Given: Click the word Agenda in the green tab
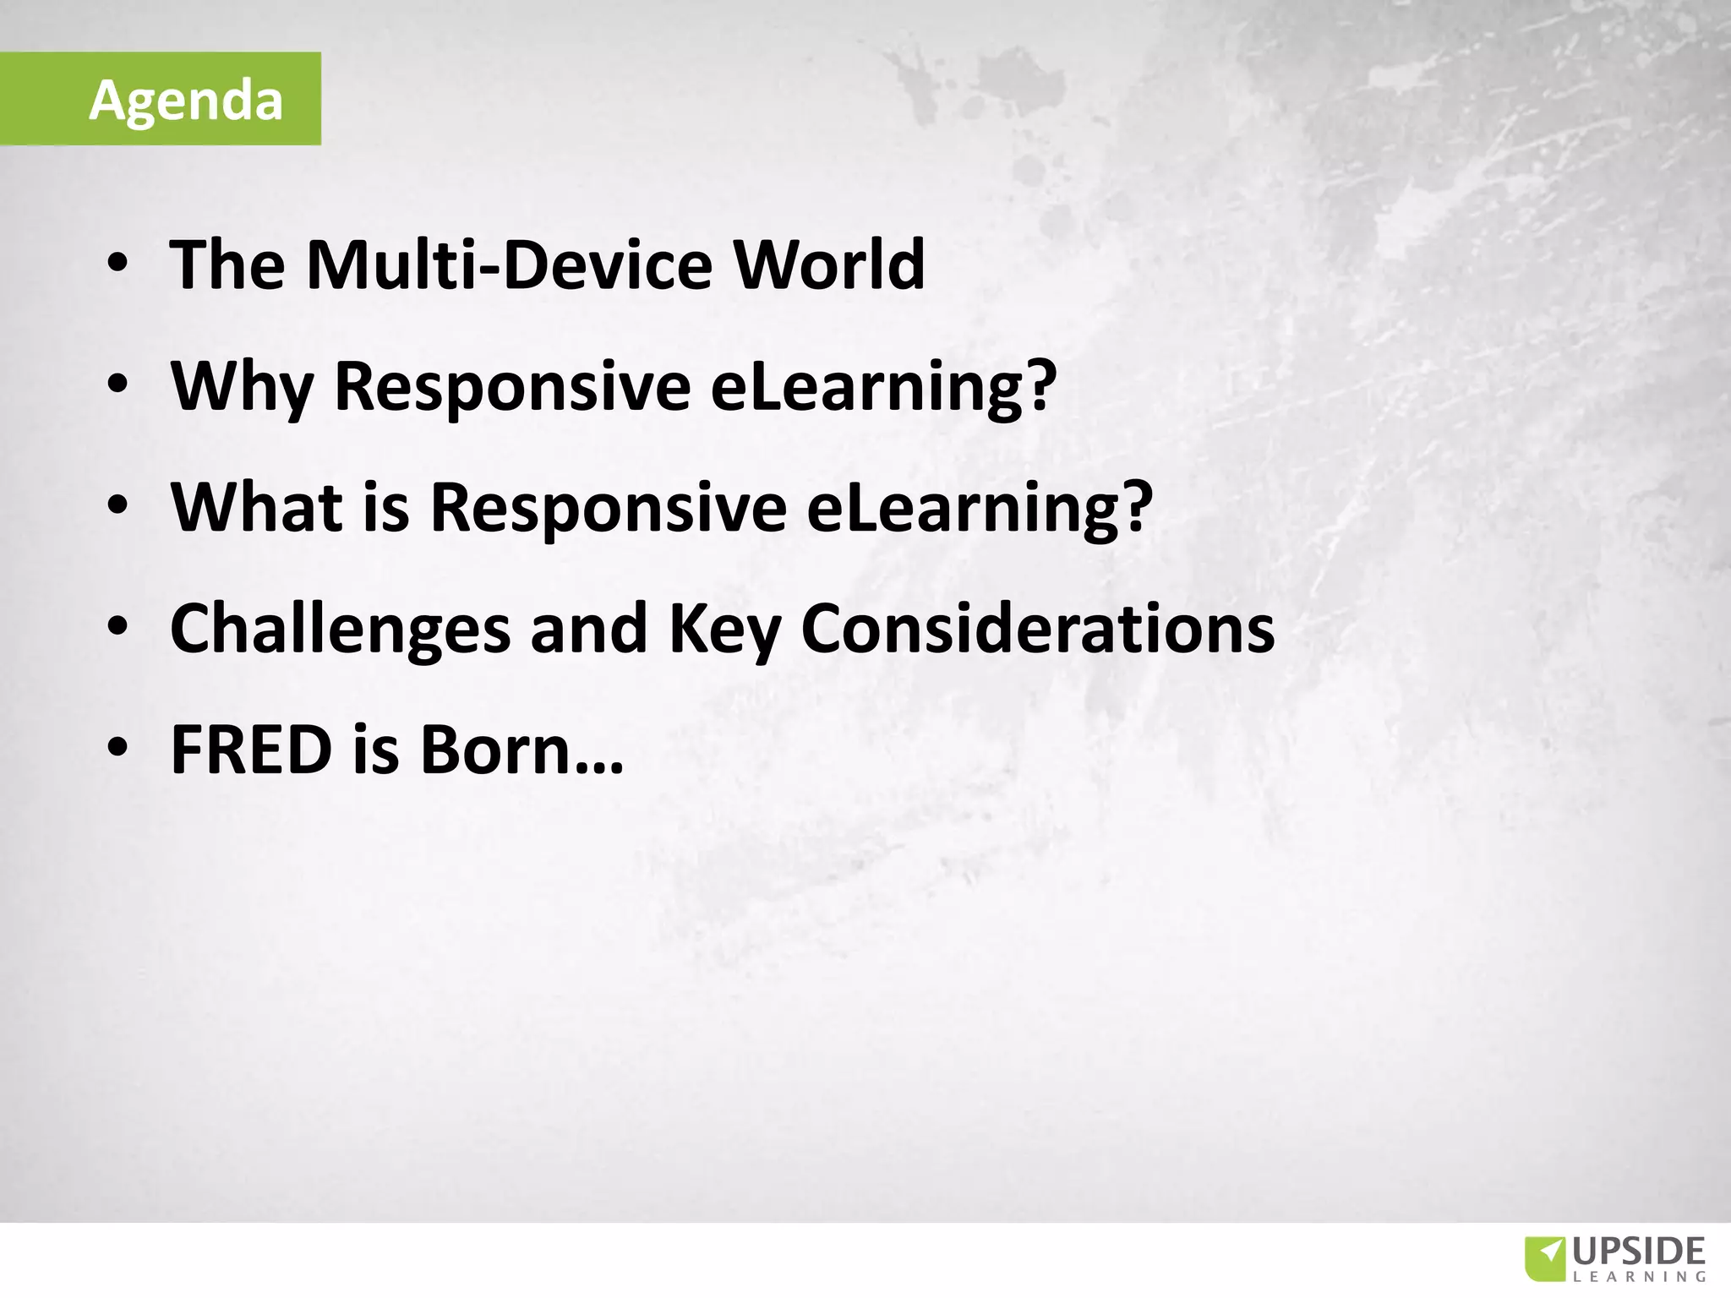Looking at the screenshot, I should [x=185, y=101].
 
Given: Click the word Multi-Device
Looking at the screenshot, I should [x=505, y=265].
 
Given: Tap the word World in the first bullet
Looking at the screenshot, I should [x=828, y=265].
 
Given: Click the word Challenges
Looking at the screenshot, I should [x=340, y=629].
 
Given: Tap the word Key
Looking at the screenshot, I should [x=724, y=629].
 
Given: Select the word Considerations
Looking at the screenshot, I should [x=1037, y=629].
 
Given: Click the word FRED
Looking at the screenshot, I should [x=251, y=750].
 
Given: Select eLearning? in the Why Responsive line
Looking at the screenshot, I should [x=883, y=386].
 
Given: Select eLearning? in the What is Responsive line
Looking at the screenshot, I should [x=979, y=507].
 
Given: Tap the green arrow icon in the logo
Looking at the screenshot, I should [x=1546, y=1260].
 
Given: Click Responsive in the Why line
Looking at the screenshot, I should [x=511, y=386].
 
